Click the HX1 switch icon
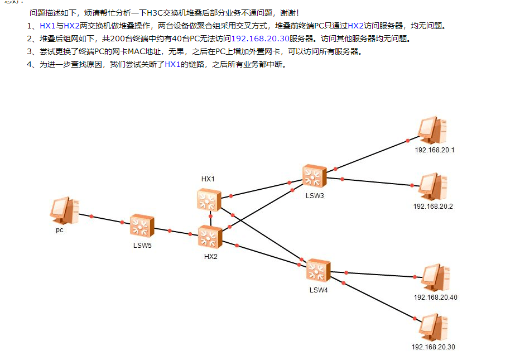click(209, 200)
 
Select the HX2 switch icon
click(210, 237)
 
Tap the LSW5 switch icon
click(142, 226)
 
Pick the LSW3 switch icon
click(314, 176)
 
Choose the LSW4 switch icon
click(319, 270)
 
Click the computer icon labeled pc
click(65, 210)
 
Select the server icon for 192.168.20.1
click(432, 130)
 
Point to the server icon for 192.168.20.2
click(433, 186)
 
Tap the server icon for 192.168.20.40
click(435, 278)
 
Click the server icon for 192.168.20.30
click(434, 327)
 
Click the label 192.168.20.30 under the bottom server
click(433, 347)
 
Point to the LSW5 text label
click(142, 246)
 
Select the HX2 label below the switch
click(210, 257)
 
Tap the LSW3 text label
click(315, 196)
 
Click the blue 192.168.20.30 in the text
click(261, 39)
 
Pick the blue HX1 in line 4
click(172, 64)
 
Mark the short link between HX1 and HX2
click(210, 219)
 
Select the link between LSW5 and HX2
click(176, 232)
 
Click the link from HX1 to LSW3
click(262, 189)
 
